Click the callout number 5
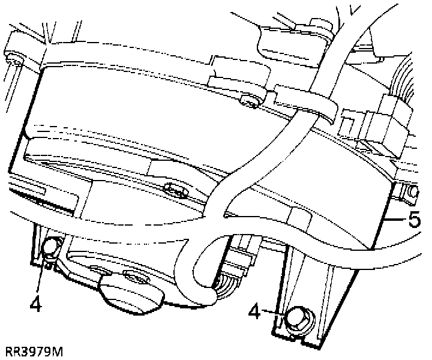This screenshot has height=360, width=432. point(413,220)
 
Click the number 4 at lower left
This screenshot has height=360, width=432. point(35,305)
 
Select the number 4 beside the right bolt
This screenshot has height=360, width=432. point(256,313)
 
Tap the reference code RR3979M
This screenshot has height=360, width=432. point(34,350)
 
